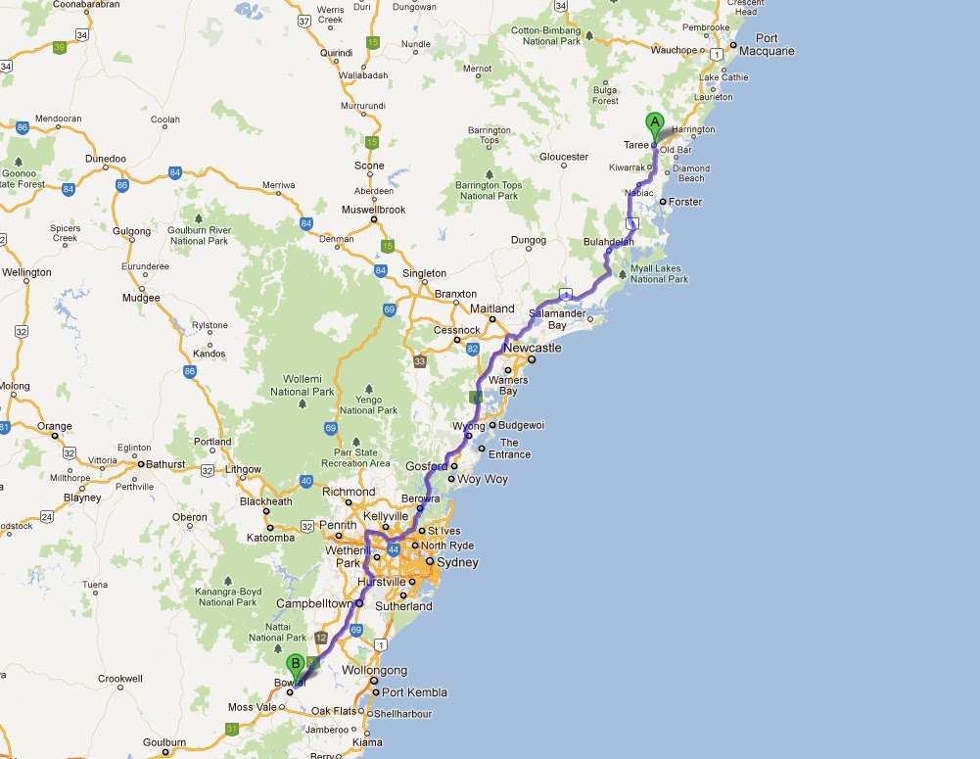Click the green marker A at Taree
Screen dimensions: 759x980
click(655, 123)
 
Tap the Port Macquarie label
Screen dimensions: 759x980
click(767, 45)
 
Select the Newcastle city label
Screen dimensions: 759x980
click(532, 348)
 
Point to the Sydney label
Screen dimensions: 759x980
click(457, 562)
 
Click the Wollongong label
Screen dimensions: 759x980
click(375, 670)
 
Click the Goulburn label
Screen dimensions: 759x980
click(165, 742)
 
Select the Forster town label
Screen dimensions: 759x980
click(685, 202)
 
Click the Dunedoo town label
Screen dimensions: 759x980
click(106, 158)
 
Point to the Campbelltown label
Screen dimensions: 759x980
click(313, 603)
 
